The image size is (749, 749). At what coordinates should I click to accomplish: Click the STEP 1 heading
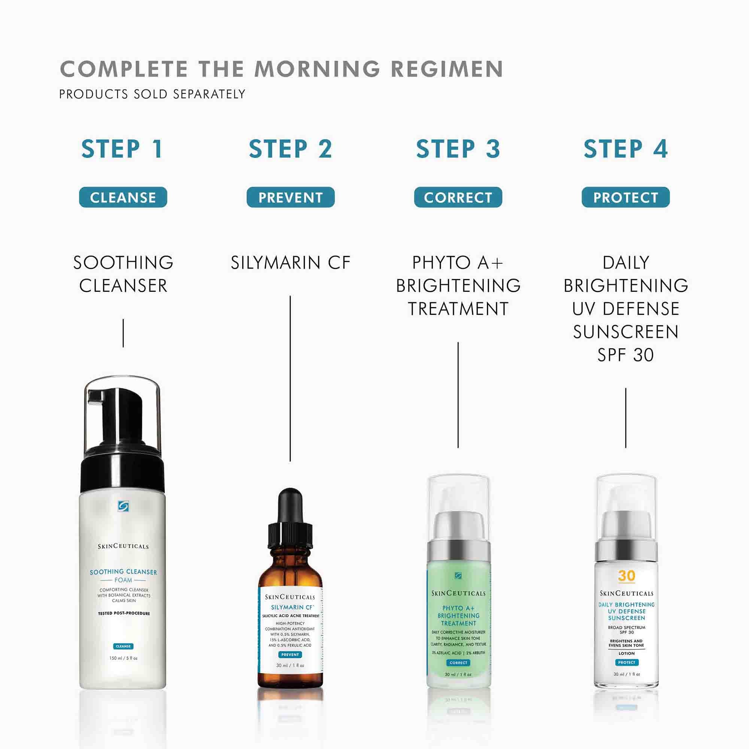[122, 149]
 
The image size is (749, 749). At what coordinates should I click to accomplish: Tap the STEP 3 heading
[458, 149]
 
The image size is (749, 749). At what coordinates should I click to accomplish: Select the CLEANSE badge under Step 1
[123, 197]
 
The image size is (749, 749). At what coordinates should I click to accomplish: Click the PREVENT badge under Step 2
[290, 197]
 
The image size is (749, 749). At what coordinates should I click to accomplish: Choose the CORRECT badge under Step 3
[458, 197]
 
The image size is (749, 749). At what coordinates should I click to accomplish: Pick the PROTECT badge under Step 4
[625, 197]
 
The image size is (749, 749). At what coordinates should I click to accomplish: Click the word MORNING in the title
[317, 69]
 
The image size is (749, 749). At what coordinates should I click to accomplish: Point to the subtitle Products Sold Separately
[152, 94]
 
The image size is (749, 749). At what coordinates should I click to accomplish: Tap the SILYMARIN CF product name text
[290, 263]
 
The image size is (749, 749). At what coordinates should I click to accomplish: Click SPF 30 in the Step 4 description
[625, 355]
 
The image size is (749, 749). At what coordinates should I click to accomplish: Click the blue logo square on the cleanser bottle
[123, 506]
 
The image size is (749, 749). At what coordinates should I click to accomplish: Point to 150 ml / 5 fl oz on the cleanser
[123, 658]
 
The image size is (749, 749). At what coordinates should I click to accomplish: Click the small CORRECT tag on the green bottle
[458, 662]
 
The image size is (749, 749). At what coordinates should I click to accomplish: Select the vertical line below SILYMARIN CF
[290, 378]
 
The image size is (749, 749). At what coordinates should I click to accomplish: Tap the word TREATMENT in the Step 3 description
[458, 309]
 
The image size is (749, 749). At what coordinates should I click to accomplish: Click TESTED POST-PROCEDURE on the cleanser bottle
[124, 613]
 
